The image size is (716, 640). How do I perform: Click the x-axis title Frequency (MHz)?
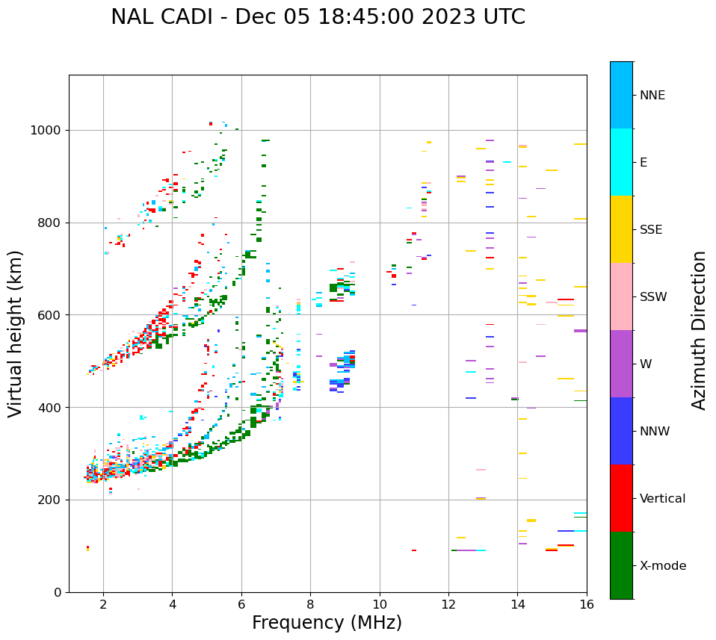327,623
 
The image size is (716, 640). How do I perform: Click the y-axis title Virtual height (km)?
16,334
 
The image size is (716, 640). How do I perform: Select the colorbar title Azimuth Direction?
699,330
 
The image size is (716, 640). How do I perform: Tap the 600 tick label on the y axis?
49,315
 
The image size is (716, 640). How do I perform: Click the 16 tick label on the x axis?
587,604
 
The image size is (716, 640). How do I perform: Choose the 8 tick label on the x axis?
310,604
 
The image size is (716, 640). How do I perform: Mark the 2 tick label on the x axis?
103,604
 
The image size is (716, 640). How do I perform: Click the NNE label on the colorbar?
652,96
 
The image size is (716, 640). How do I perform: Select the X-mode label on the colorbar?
663,566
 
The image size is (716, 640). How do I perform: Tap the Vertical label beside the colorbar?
662,499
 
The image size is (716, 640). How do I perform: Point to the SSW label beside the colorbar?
653,297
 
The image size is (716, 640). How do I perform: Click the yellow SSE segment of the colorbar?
621,229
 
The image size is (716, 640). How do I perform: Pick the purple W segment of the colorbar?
621,364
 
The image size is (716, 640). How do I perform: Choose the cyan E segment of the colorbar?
621,162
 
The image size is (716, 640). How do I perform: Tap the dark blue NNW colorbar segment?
621,431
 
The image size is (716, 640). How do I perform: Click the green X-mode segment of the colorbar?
621,565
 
